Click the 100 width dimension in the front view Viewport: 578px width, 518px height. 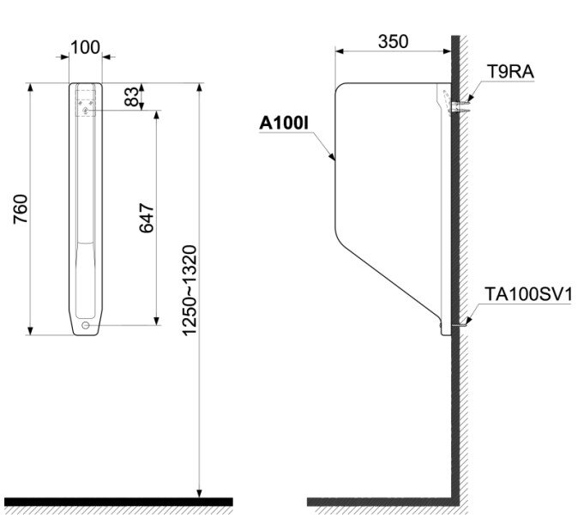tap(85, 46)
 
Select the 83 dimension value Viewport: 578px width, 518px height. tap(131, 96)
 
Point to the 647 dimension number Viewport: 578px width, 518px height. tap(146, 218)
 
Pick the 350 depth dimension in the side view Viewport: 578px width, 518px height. tap(393, 40)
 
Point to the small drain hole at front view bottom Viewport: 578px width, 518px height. tap(86, 326)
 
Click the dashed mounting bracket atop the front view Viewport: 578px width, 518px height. tap(86, 101)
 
